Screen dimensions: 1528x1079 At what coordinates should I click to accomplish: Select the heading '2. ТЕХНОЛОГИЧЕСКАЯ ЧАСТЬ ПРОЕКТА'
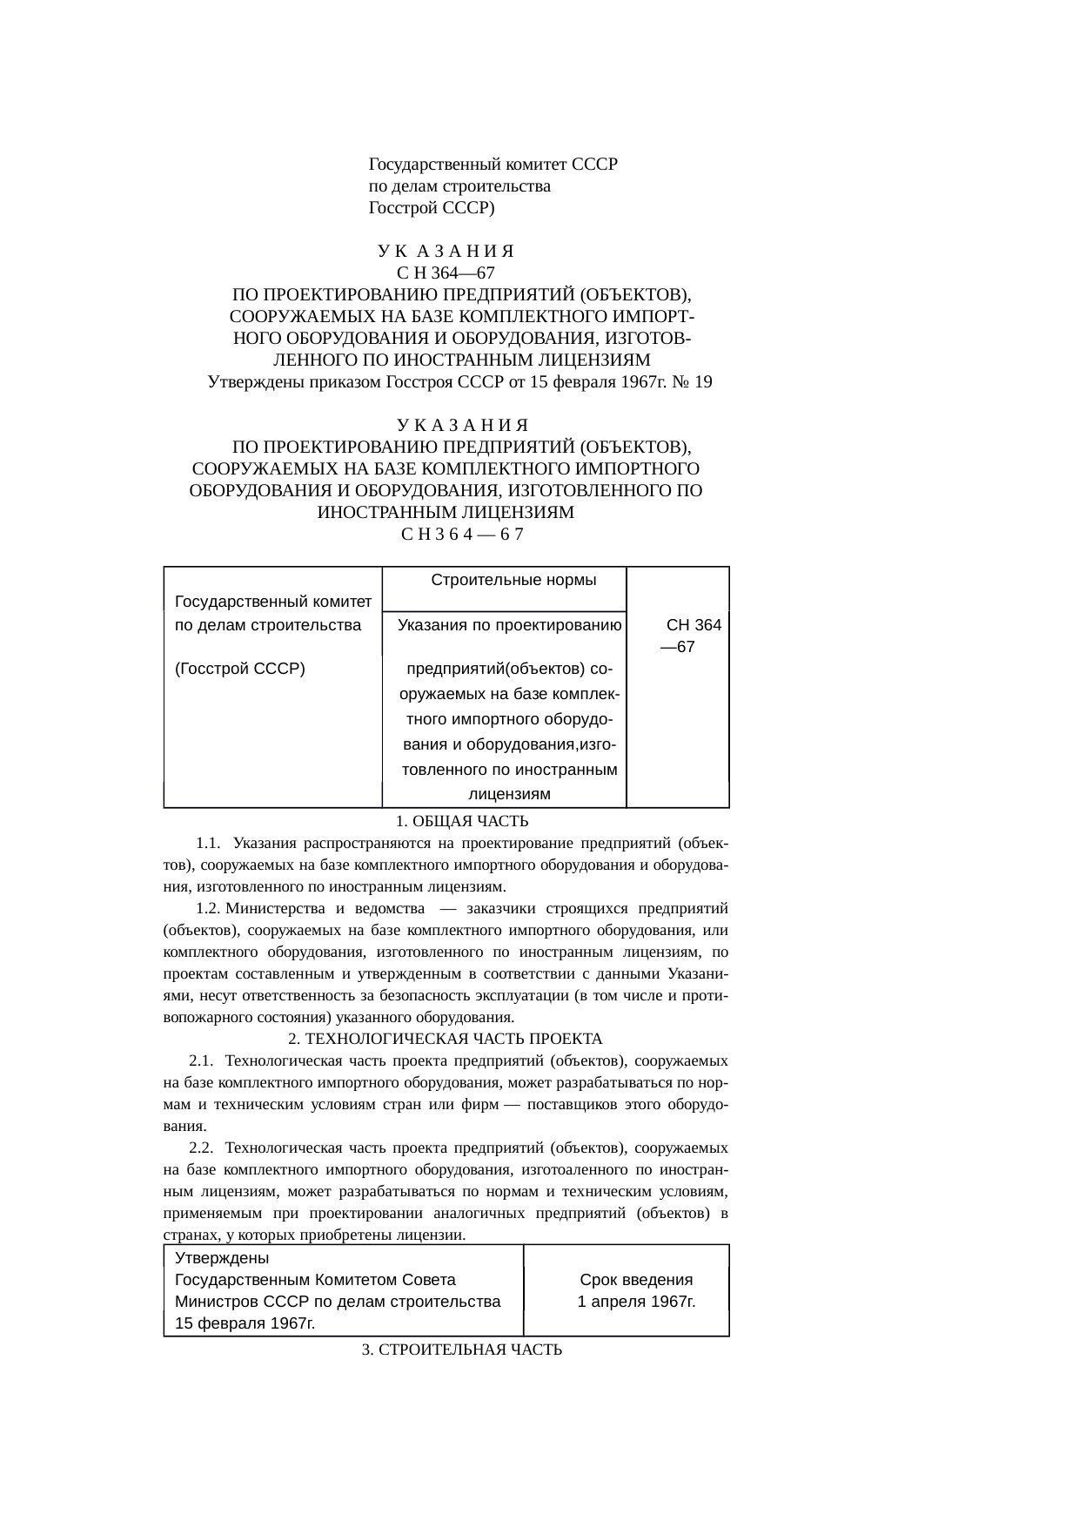pyautogui.click(x=445, y=1039)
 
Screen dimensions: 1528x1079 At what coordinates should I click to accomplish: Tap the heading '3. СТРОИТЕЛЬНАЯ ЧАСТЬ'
pyautogui.click(x=461, y=1350)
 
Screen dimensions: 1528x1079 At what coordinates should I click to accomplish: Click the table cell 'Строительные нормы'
pyautogui.click(x=513, y=580)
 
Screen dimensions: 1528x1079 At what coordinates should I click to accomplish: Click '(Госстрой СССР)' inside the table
pyautogui.click(x=239, y=669)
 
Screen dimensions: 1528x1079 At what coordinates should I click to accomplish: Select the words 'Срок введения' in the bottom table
pyautogui.click(x=636, y=1280)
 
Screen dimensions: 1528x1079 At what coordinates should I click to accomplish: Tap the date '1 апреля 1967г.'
pyautogui.click(x=636, y=1302)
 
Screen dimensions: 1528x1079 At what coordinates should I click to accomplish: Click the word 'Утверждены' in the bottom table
pyautogui.click(x=222, y=1258)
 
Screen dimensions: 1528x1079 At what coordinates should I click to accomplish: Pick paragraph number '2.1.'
pyautogui.click(x=201, y=1060)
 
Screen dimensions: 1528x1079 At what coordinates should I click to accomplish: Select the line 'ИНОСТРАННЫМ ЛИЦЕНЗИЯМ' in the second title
pyautogui.click(x=446, y=512)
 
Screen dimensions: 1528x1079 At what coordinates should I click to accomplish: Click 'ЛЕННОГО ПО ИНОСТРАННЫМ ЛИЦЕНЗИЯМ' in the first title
pyautogui.click(x=461, y=360)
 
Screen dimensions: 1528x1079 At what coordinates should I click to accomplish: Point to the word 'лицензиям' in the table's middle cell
pyautogui.click(x=509, y=794)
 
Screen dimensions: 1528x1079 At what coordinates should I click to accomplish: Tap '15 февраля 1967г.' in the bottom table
pyautogui.click(x=245, y=1323)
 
